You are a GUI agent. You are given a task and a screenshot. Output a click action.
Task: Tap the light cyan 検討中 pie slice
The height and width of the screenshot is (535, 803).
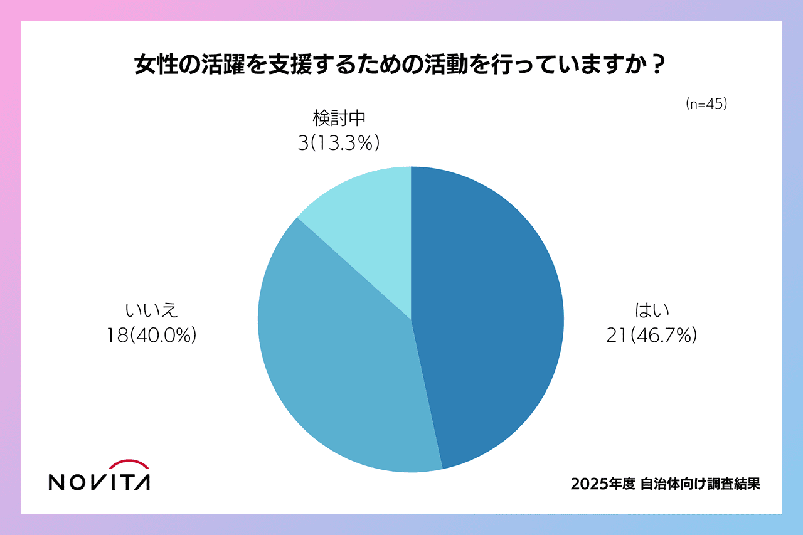pos(370,220)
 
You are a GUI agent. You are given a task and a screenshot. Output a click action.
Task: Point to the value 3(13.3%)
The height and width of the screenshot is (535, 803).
pos(339,144)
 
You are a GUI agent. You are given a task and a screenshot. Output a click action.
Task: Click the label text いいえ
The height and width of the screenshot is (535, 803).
pos(152,310)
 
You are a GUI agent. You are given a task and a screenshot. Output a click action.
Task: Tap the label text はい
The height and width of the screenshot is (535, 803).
pos(652,310)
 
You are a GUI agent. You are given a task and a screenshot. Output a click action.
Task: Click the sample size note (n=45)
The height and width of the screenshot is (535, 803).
pos(706,105)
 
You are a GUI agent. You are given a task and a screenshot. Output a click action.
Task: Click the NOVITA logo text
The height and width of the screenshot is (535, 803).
pos(99,482)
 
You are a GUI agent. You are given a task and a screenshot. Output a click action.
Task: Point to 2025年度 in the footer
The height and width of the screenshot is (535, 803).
pos(603,484)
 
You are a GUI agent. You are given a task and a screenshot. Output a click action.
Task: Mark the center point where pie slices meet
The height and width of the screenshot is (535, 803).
pos(411,319)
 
